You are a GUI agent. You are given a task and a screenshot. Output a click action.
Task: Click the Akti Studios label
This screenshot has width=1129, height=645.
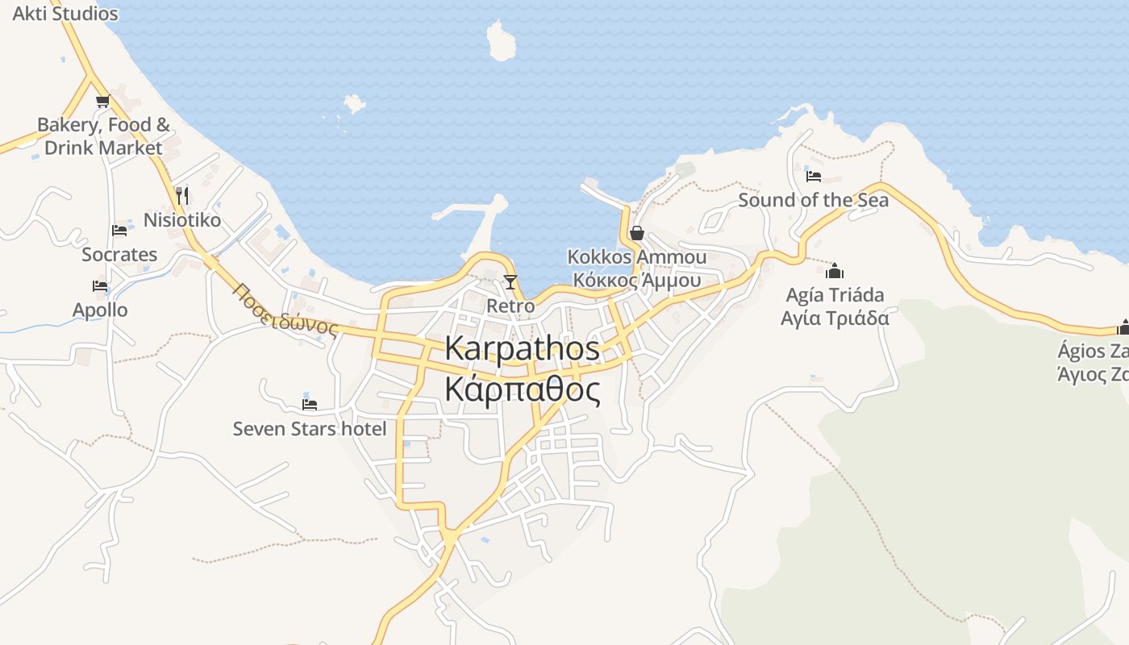coord(65,14)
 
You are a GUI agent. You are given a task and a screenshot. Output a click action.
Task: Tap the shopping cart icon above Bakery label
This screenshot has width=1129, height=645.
coord(102,101)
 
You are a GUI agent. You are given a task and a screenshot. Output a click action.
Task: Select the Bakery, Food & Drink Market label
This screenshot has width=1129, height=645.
coord(103,136)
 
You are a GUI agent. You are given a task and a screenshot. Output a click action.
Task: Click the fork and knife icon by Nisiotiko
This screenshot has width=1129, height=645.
coord(182,195)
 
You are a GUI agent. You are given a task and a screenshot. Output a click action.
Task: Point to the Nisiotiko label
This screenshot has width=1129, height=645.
coord(181,220)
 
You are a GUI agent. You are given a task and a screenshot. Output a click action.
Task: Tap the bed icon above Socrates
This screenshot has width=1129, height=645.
coord(119,230)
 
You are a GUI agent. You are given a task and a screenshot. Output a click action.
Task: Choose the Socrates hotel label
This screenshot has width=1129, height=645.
coord(119,255)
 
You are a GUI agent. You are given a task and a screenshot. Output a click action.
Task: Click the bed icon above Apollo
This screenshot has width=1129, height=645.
coord(100,285)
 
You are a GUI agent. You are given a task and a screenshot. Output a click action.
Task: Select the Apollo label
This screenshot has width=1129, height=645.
coord(100,310)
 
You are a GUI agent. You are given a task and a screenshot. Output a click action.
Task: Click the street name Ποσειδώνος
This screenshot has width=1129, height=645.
coord(285,310)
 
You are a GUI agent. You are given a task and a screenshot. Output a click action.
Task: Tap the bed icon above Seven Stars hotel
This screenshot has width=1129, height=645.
coord(310,404)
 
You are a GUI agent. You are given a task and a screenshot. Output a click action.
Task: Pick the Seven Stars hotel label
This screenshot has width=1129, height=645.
coord(310,429)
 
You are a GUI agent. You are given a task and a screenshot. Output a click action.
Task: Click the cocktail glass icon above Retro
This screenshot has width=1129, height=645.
coord(510,281)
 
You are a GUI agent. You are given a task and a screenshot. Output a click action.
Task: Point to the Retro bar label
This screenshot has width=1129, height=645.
coord(510,306)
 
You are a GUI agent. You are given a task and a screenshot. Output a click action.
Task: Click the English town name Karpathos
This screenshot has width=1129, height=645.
coord(522,348)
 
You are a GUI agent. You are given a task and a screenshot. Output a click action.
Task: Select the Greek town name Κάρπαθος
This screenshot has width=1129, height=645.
coord(522,390)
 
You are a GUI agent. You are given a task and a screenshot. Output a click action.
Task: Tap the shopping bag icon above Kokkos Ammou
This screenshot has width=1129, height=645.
coord(637,233)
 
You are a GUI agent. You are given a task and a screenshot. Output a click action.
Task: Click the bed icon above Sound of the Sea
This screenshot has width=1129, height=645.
coord(814,176)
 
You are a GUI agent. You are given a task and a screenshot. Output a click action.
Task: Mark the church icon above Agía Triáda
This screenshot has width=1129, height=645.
coord(835,270)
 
